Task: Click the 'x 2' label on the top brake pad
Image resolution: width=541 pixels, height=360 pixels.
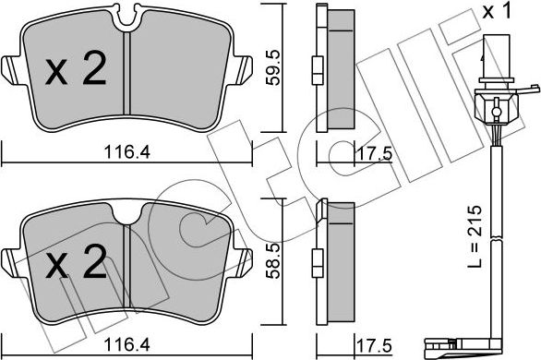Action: coord(77,72)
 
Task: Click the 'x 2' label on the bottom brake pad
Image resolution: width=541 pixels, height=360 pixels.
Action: coord(77,266)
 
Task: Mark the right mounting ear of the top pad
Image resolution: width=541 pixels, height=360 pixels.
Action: coord(246,69)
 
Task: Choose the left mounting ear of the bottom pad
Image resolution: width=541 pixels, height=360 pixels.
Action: coord(10,263)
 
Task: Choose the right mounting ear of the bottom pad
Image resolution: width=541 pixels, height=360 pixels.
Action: coord(246,263)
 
